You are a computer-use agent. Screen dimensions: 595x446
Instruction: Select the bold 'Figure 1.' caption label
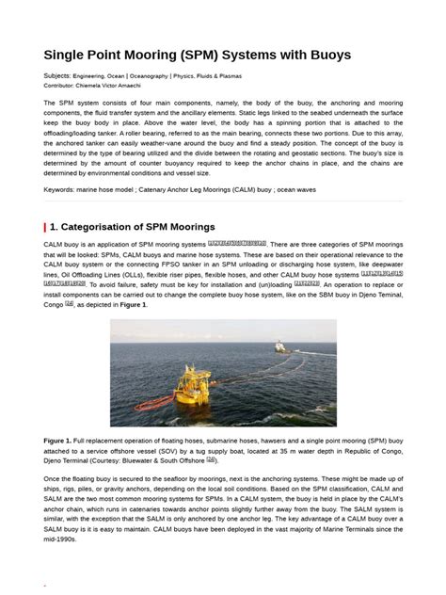[x=58, y=440]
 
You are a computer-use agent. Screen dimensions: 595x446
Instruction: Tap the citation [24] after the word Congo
[x=70, y=305]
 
